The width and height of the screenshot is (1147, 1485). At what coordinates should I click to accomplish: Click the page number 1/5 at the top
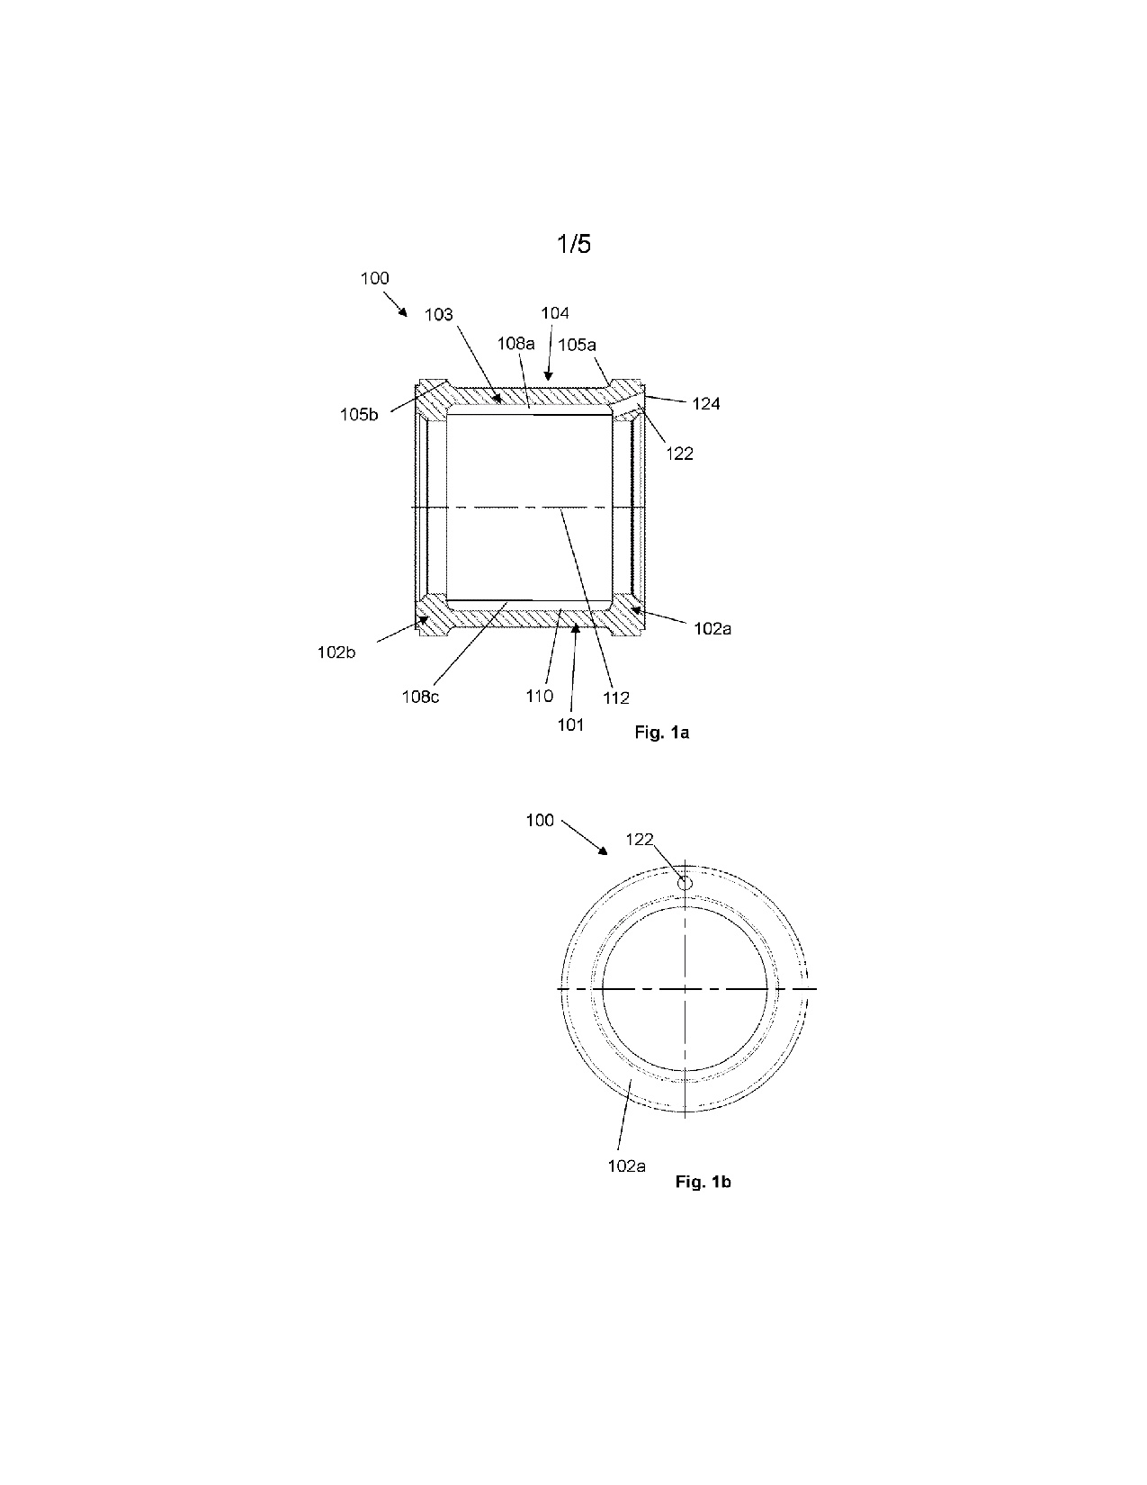pos(574,244)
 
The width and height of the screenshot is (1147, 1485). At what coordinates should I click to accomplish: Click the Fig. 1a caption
pos(661,733)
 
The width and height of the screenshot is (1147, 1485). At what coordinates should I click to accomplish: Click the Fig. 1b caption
pos(703,1182)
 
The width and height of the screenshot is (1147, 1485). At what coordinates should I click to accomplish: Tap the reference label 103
pos(439,314)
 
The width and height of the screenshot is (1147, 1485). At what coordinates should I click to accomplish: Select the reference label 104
pos(555,313)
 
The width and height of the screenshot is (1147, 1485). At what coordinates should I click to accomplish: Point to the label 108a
pos(515,343)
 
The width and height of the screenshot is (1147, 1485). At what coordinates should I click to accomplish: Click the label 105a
pos(578,345)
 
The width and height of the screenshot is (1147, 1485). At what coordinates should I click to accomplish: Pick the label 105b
pos(359,414)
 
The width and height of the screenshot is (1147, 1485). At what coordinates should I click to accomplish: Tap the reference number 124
pos(705,404)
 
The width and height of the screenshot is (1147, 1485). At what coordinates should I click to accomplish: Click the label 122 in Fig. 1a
pos(680,454)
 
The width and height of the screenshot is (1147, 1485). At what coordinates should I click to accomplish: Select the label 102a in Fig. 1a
pos(712,629)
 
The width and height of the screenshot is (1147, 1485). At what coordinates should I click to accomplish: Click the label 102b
pos(336,652)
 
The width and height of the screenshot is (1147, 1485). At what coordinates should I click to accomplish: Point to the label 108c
pos(420,697)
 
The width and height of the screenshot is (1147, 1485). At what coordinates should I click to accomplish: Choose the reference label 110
pos(539,696)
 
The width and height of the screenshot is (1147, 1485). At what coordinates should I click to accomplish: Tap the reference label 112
pos(615,697)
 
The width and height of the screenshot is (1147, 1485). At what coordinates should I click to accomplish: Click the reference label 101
pos(570,725)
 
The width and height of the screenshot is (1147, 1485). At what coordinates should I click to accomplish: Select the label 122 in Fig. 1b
pos(640,839)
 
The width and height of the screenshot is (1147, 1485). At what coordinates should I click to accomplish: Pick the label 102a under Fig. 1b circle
pos(626,1165)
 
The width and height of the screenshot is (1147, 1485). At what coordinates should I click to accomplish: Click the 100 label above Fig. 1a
pos(374,278)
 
